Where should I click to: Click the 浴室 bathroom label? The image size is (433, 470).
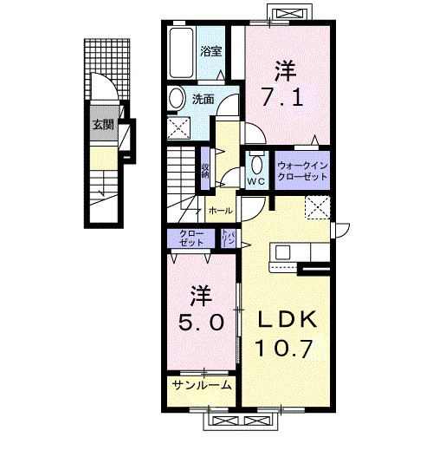click(211, 52)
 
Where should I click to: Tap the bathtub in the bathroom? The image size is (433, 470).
click(183, 54)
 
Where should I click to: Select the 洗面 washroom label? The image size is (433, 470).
click(203, 98)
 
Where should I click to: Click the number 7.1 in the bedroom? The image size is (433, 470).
click(282, 98)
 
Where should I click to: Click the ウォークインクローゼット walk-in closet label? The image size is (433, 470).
click(303, 170)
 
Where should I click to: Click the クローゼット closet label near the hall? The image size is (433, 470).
click(192, 238)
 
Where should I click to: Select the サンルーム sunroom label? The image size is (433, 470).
click(200, 385)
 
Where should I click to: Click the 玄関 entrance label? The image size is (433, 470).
click(102, 125)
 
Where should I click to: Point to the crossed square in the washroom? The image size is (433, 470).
click(182, 129)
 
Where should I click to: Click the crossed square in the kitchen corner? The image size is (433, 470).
click(316, 208)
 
